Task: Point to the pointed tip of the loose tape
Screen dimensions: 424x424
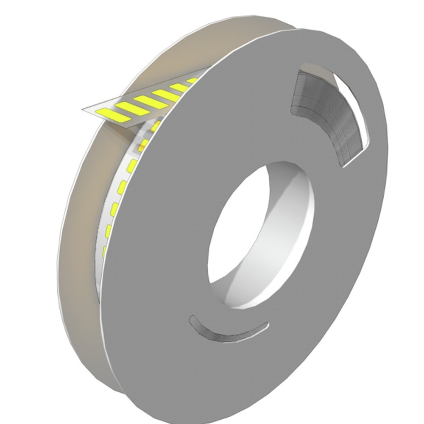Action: (x=84, y=109)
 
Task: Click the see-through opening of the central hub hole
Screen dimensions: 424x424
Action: (x=237, y=229)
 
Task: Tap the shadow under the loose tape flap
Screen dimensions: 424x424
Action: (x=127, y=127)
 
